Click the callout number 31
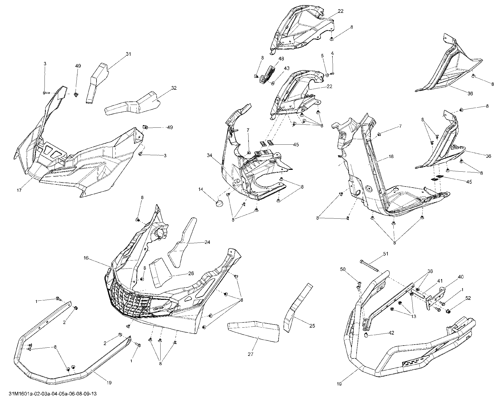click(128, 54)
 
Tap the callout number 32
click(174, 88)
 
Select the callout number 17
click(19, 190)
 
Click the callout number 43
click(287, 68)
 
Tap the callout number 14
click(201, 189)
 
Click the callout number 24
click(207, 242)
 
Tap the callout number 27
click(250, 354)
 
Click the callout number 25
click(312, 326)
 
